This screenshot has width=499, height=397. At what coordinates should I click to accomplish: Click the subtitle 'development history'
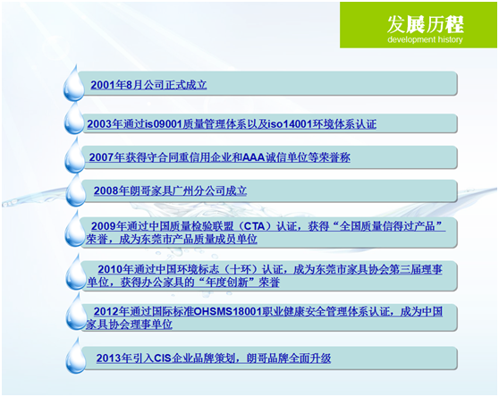pos(419,40)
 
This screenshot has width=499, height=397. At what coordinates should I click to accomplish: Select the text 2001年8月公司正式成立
pos(148,85)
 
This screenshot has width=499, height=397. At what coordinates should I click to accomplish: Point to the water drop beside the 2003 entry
pos(72,122)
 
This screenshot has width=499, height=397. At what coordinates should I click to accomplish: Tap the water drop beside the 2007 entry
pos(72,158)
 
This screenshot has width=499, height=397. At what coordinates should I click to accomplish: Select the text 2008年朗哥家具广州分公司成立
pos(170,190)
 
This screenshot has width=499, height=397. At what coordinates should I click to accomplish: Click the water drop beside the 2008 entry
pos(72,192)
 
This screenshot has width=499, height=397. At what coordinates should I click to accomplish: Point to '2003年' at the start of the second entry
pos(102,122)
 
